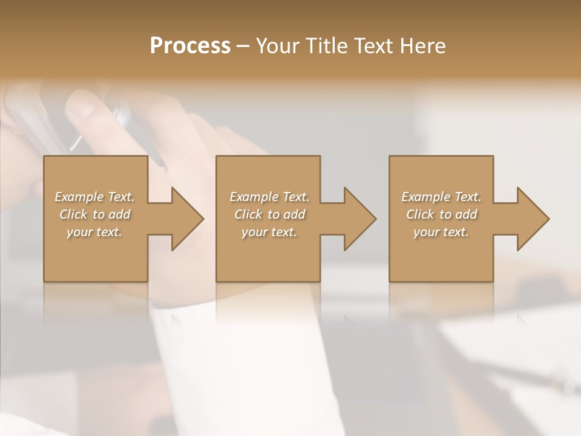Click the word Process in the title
click(190, 46)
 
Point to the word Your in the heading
click(278, 46)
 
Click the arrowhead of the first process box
click(185, 219)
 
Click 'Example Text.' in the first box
click(95, 197)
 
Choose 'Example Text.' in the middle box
click(269, 197)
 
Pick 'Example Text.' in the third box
click(441, 197)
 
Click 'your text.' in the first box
click(95, 232)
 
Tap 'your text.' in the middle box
click(269, 232)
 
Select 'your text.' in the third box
click(441, 232)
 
